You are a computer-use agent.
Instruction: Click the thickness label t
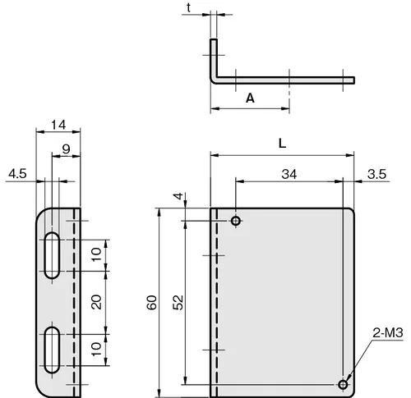click(189, 8)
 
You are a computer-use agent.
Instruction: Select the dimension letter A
click(250, 98)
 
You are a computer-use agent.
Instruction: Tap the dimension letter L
click(282, 143)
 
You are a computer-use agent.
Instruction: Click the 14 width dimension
click(58, 125)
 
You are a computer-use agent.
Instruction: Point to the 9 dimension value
click(66, 149)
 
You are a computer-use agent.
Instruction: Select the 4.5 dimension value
click(17, 174)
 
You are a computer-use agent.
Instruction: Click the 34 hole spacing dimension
click(289, 174)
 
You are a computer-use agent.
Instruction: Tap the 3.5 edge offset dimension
click(376, 174)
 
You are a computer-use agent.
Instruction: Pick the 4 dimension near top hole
click(178, 196)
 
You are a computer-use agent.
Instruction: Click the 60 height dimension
click(152, 302)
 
